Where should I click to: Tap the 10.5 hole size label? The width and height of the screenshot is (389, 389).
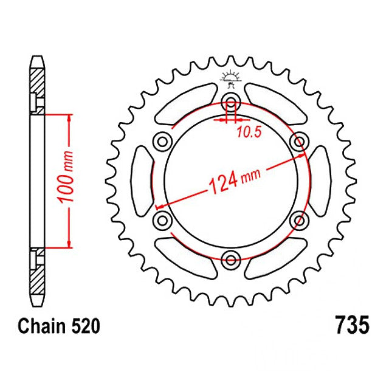(x=249, y=133)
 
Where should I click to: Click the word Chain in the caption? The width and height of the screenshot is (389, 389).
(x=41, y=326)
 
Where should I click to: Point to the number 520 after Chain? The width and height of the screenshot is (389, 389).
(x=84, y=326)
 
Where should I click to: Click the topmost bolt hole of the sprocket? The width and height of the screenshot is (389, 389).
(x=230, y=101)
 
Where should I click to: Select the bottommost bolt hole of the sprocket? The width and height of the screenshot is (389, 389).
(x=230, y=260)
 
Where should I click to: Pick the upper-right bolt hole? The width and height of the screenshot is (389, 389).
(x=298, y=142)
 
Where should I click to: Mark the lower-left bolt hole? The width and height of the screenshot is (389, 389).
(x=162, y=219)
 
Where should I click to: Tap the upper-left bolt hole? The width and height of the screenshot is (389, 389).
(x=162, y=142)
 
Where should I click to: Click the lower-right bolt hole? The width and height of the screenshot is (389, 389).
(x=298, y=219)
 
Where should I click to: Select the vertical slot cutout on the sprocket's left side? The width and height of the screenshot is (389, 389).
(x=141, y=181)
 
